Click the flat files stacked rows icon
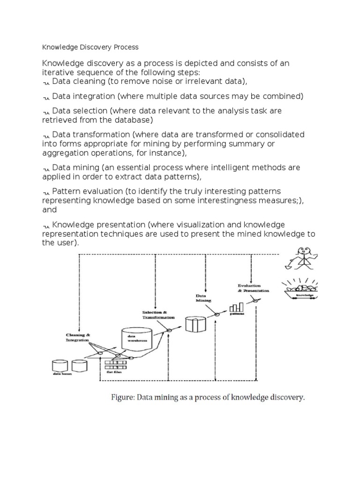pyautogui.click(x=116, y=364)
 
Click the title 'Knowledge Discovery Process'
pyautogui.click(x=90, y=47)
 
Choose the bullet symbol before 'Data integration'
pyautogui.click(x=46, y=97)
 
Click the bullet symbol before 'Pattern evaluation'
pyautogui.click(x=46, y=192)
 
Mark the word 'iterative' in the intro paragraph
pyautogui.click(x=57, y=72)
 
